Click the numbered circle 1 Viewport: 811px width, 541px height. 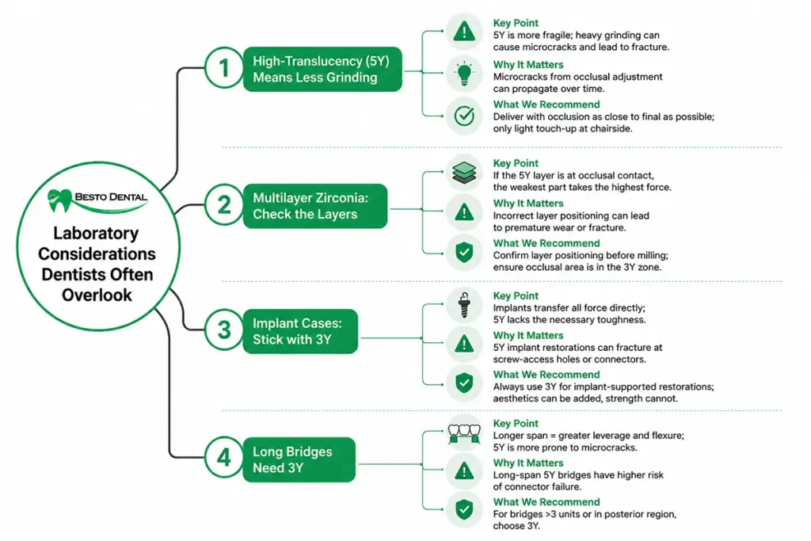(224, 68)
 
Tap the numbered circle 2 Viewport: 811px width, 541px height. (224, 205)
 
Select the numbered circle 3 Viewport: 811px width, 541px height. (224, 330)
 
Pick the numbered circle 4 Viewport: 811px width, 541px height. (224, 458)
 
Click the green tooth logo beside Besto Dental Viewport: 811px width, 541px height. (59, 200)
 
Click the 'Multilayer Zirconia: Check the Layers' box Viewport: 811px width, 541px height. (315, 206)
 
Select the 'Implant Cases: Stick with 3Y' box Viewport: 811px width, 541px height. (300, 332)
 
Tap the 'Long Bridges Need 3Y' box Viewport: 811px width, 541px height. (299, 459)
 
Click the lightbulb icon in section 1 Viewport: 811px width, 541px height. (464, 74)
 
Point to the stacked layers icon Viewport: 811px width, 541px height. (464, 173)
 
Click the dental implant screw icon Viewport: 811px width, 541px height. (464, 305)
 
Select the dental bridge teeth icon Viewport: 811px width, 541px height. (464, 433)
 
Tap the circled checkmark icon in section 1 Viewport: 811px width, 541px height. (464, 116)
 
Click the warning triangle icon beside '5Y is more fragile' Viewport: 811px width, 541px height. (464, 32)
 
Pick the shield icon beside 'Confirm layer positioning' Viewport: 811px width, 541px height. (464, 253)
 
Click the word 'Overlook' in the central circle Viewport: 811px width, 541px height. (97, 295)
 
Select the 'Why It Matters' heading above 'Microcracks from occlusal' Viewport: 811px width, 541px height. (528, 65)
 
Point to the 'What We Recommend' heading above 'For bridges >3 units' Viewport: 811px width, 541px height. (546, 501)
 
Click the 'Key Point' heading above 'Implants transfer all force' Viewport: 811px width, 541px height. (516, 295)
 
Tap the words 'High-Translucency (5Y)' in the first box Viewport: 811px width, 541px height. (321, 61)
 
